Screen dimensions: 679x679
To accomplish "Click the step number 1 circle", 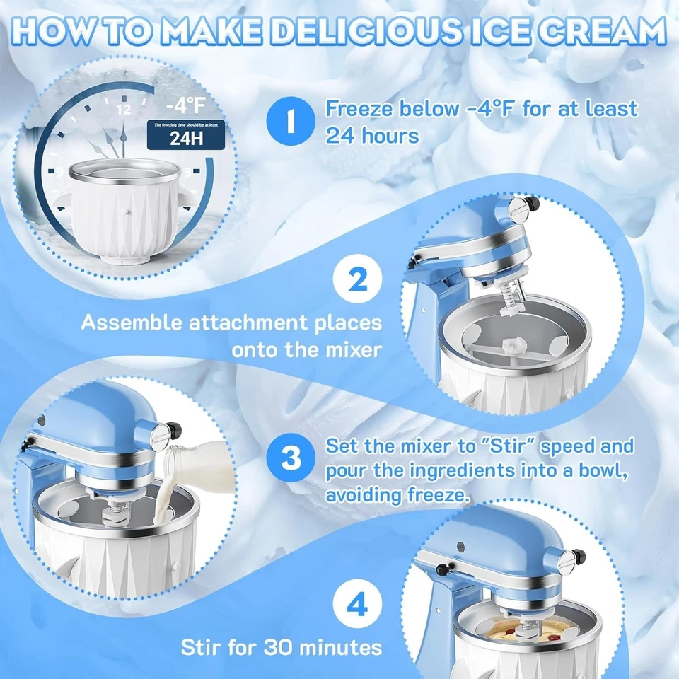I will pos(289,120).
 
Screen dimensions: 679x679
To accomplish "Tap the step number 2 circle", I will pos(358,281).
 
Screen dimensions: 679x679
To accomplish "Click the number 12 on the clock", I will pos(124,110).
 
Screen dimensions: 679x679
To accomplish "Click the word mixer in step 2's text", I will pos(351,349).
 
